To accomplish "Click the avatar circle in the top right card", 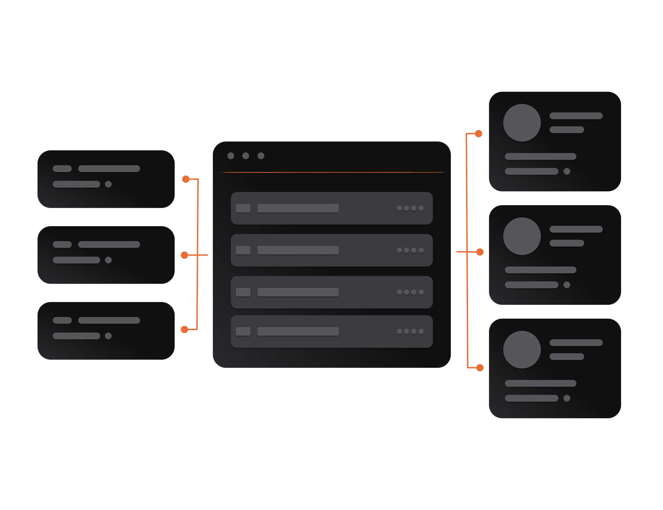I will [x=522, y=123].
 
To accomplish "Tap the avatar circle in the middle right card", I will [x=522, y=236].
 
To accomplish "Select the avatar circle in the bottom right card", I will [x=522, y=349].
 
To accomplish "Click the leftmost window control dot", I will [x=231, y=156].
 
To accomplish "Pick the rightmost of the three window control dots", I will [x=261, y=156].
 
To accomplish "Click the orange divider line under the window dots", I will [x=332, y=172].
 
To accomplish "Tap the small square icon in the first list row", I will [x=243, y=208].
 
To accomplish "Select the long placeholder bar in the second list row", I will [x=298, y=250].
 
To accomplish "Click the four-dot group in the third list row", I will [x=410, y=292].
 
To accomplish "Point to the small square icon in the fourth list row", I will [x=243, y=331].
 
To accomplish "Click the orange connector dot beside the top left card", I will [x=186, y=179].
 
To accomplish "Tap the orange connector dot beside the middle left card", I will [x=184, y=255].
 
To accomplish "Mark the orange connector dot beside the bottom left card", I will [x=184, y=330].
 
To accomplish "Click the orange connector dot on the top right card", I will [x=479, y=134].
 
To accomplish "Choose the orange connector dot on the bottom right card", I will [x=480, y=368].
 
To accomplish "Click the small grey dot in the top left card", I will [x=108, y=184].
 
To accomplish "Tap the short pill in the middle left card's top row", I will [x=62, y=245].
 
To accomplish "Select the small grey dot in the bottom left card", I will [x=108, y=336].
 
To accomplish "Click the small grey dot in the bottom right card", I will [x=567, y=398].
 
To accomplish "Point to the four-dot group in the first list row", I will [x=410, y=208].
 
